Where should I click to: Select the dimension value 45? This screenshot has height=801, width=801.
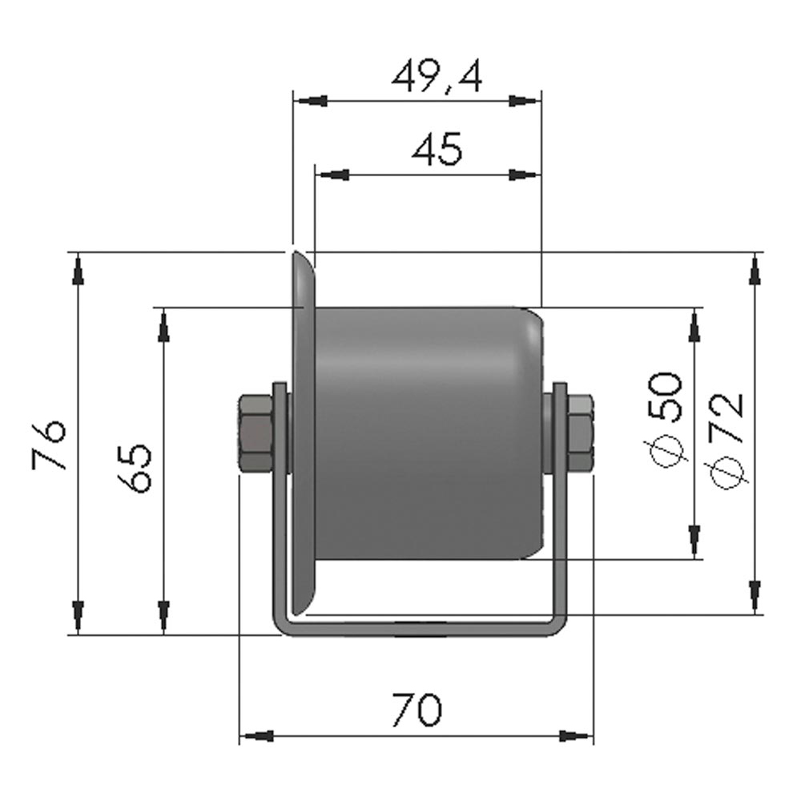pos(437,149)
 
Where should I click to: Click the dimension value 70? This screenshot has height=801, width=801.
pos(417,710)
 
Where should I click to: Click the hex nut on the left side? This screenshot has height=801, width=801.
pos(255,432)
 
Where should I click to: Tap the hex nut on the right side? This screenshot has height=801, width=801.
pos(579,432)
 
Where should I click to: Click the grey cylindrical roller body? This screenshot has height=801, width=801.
pos(425,433)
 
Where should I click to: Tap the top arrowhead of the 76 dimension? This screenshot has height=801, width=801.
pos(78,269)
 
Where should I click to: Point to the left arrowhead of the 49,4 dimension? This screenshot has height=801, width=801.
pos(311,101)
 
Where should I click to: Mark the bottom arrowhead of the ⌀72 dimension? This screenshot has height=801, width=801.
pos(754,597)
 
